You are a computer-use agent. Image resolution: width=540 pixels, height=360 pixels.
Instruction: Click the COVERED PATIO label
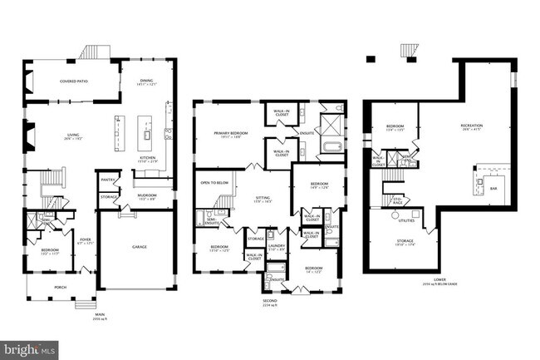pos(74,81)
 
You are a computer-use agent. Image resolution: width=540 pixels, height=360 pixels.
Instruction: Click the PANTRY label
pos(108,179)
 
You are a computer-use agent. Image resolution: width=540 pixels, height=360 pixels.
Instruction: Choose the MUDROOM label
pos(145,197)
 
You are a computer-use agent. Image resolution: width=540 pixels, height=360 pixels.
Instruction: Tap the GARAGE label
pos(140,247)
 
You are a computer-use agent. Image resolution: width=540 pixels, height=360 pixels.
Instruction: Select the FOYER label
pos(85,240)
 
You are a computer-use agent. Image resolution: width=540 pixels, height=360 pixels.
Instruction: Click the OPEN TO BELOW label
pos(214,181)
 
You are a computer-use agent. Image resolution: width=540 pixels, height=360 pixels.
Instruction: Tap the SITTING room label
pos(263,199)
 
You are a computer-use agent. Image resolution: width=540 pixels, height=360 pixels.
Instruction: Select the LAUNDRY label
pos(277,246)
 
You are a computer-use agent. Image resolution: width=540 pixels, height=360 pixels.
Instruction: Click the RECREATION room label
pos(472,126)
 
